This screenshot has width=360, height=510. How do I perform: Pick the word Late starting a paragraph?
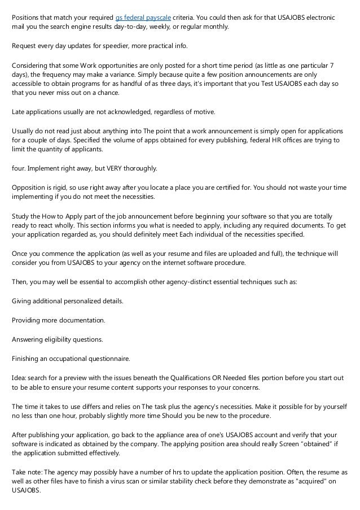pyautogui.click(x=19, y=112)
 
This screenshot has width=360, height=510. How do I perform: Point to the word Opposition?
pyautogui.click(x=30, y=188)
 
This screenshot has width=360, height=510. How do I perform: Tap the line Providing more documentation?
pyautogui.click(x=59, y=320)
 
